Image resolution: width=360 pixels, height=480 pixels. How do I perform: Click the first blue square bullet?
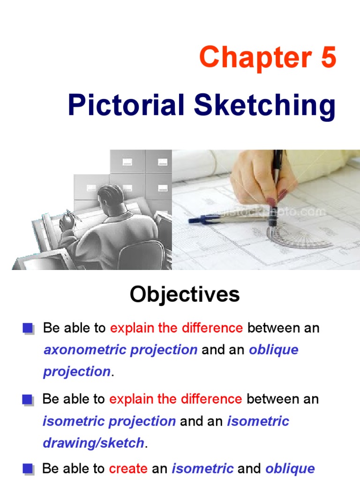pyautogui.click(x=28, y=329)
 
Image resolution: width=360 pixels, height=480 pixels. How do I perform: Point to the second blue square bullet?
pyautogui.click(x=28, y=400)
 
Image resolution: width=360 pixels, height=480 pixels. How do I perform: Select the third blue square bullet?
pyautogui.click(x=28, y=469)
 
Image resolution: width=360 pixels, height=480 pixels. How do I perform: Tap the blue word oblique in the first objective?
pyautogui.click(x=274, y=350)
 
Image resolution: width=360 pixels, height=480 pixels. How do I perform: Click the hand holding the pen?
pyautogui.click(x=262, y=173)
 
